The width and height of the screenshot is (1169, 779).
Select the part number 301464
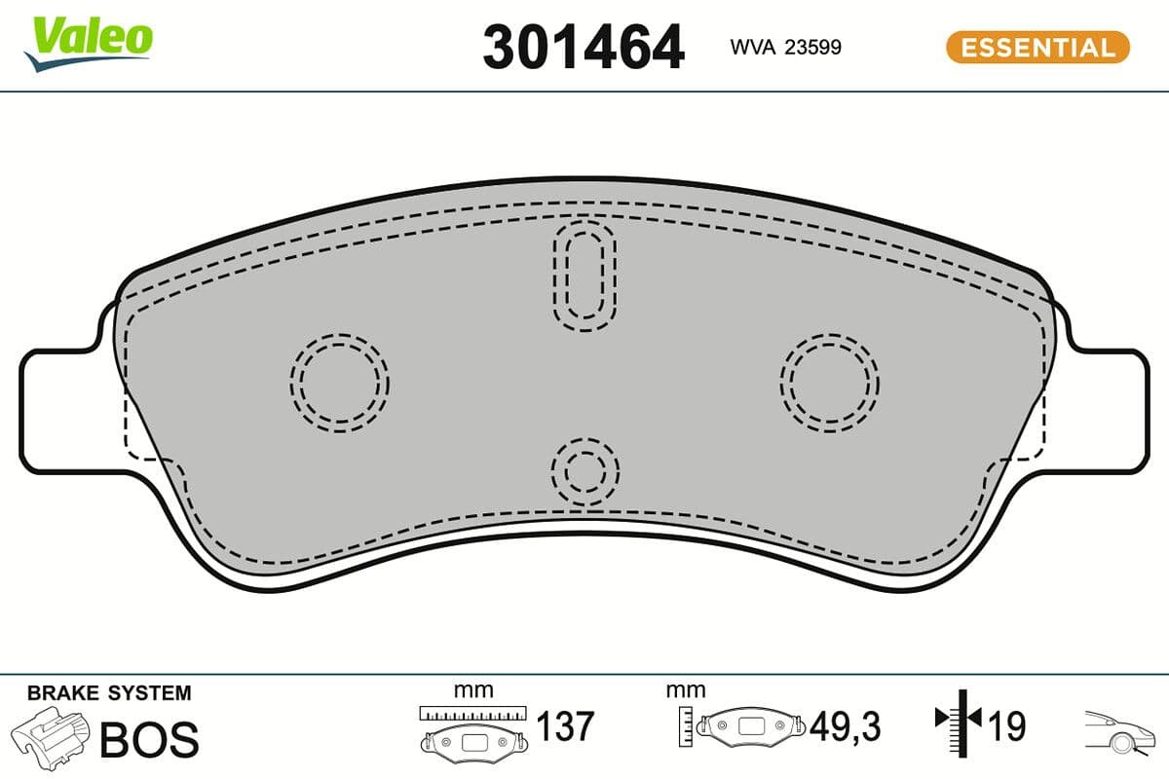click(584, 48)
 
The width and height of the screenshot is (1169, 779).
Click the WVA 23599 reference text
click(785, 48)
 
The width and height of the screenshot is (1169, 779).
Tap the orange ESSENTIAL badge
click(1037, 47)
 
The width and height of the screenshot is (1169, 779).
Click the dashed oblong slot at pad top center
click(584, 272)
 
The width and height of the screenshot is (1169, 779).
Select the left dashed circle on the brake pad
click(339, 382)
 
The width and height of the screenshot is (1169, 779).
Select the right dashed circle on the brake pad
click(829, 381)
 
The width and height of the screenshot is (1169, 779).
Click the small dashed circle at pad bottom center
click(585, 470)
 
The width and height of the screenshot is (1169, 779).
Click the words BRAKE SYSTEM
click(109, 693)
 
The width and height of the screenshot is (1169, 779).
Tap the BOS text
click(149, 739)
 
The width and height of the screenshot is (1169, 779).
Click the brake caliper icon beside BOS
click(54, 736)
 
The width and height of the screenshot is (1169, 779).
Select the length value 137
click(565, 725)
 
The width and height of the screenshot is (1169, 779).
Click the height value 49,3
click(846, 725)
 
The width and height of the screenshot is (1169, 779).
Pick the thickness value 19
click(1007, 725)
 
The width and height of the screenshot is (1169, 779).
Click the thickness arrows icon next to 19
click(961, 721)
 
